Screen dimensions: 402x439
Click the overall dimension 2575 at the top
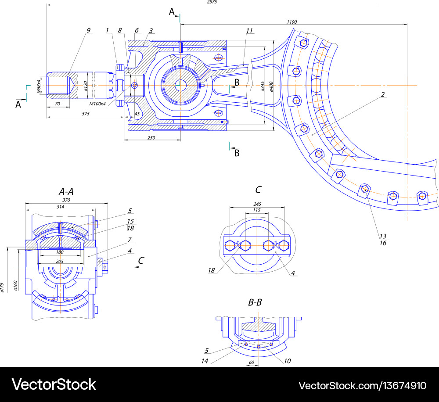pyautogui.click(x=212, y=2)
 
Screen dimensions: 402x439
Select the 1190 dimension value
pyautogui.click(x=292, y=22)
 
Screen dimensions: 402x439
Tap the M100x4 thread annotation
pyautogui.click(x=97, y=104)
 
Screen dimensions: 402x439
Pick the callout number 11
pyautogui.click(x=249, y=31)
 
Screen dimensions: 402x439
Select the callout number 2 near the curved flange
pyautogui.click(x=383, y=94)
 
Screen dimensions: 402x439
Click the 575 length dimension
pyautogui.click(x=86, y=114)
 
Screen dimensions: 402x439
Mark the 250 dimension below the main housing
pyautogui.click(x=151, y=137)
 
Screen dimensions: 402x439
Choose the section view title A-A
pyautogui.click(x=66, y=191)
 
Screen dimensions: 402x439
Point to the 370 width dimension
pyautogui.click(x=66, y=200)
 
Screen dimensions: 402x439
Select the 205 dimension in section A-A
pyautogui.click(x=60, y=261)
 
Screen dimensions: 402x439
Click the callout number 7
pyautogui.click(x=130, y=240)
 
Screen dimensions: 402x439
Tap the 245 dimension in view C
pyautogui.click(x=257, y=204)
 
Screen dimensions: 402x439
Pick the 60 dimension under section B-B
pyautogui.click(x=252, y=363)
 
